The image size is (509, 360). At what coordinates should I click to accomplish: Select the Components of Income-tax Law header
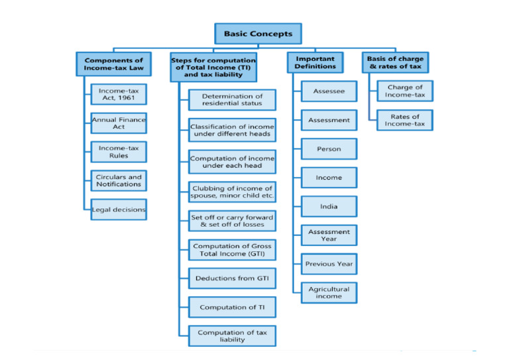113,64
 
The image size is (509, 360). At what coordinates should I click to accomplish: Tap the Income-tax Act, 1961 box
119,94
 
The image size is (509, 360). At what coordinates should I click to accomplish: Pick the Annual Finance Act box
119,123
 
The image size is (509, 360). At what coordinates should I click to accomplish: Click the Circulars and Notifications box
119,180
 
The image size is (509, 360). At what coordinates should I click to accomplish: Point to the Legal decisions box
119,210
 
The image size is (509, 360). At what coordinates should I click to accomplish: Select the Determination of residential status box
232,100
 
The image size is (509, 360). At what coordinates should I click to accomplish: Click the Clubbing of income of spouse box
232,192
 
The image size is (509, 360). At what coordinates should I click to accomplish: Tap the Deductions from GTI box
232,278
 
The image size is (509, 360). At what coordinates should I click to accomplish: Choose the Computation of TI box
232,308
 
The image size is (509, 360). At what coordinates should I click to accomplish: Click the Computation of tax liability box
232,336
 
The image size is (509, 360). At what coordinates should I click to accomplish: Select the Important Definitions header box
315,63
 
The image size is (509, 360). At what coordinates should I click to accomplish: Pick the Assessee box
329,91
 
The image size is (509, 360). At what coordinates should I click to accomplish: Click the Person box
329,149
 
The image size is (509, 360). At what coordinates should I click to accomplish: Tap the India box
329,206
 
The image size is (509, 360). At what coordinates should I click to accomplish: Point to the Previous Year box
329,264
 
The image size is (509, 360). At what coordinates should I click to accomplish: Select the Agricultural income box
329,292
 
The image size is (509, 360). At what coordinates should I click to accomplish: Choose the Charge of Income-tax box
404,91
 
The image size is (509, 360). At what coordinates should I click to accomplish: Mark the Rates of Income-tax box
404,120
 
